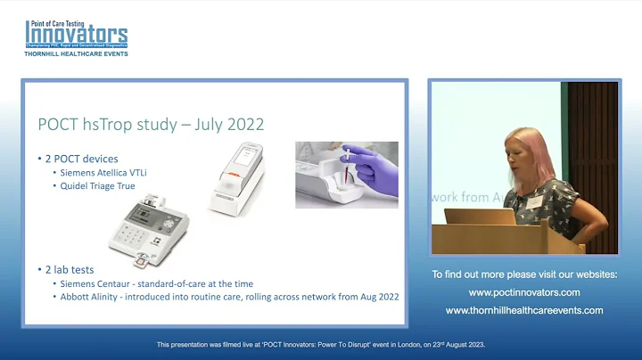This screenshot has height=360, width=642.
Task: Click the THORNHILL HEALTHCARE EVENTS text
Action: pos(76,53)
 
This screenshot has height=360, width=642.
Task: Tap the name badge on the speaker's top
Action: pos(536,203)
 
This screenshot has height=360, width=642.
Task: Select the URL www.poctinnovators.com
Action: pos(524,292)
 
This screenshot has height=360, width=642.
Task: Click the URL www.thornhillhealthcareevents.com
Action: pos(524,310)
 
